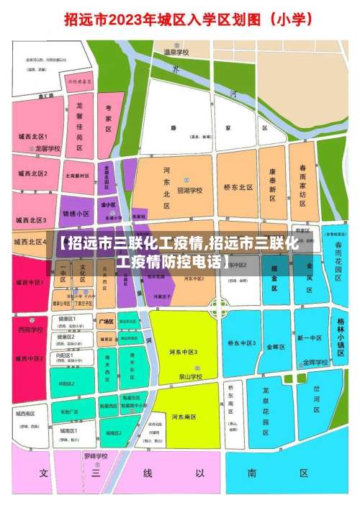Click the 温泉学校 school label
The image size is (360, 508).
click(176, 52)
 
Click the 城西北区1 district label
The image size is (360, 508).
click(33, 136)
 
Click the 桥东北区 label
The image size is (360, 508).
click(238, 187)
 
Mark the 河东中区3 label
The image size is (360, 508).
click(185, 351)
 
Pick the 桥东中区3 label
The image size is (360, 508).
click(243, 344)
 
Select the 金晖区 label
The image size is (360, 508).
click(276, 347)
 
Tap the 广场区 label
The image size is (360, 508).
click(107, 322)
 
